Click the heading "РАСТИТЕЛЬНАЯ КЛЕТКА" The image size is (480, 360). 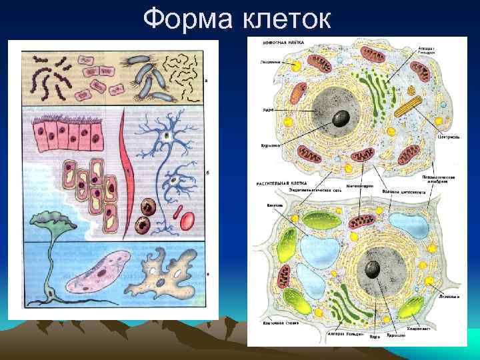281,182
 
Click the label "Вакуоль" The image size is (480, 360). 274,205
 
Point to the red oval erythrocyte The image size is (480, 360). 187,219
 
